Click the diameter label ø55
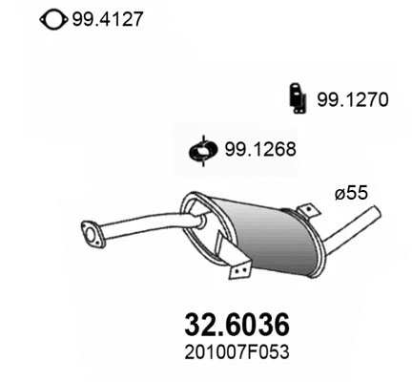350,193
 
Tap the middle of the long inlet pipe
143,229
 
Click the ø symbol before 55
340,193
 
